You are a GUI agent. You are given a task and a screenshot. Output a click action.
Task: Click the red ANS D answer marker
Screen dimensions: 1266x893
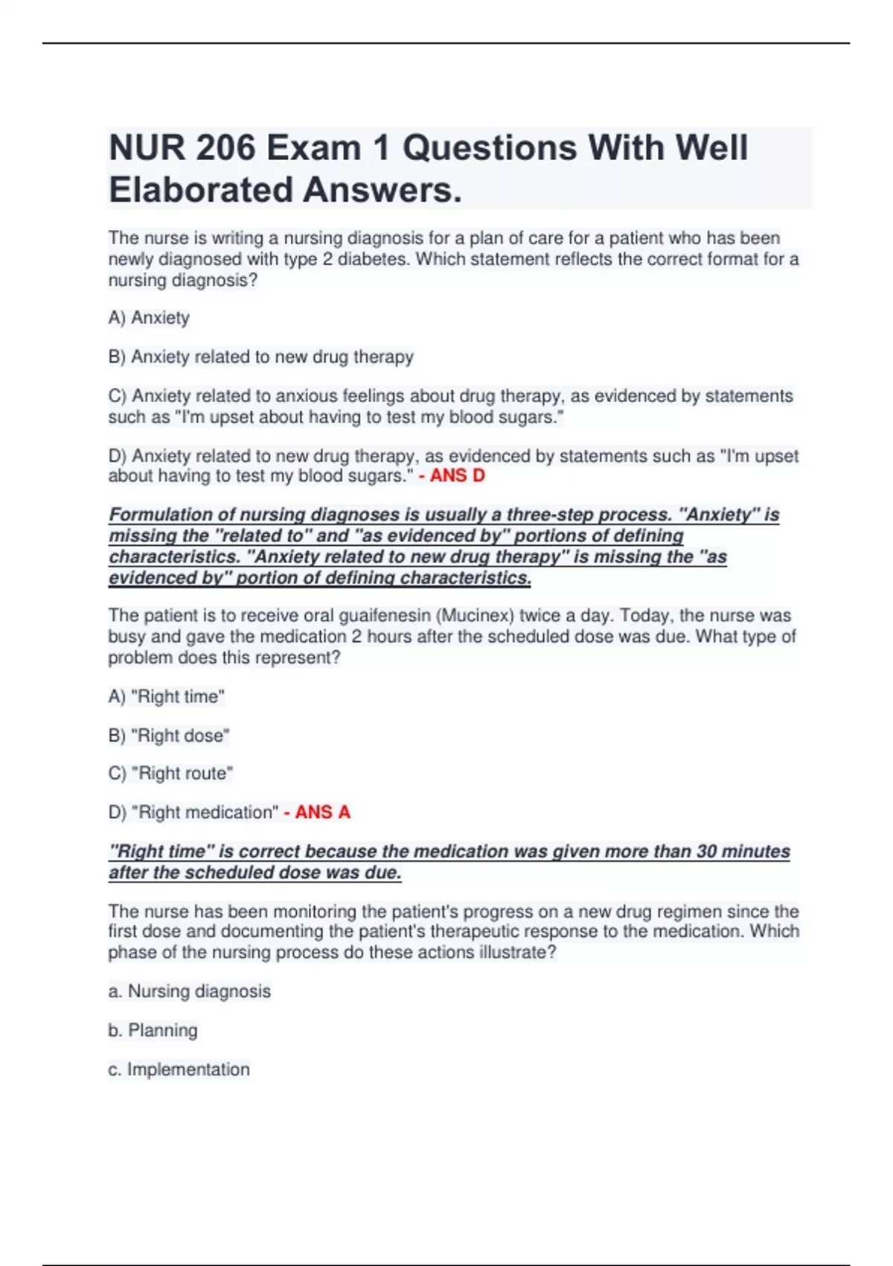click(x=452, y=475)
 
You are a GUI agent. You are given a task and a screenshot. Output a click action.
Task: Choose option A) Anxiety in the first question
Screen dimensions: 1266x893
click(x=149, y=318)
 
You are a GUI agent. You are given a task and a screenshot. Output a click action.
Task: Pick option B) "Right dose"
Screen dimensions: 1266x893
click(x=169, y=735)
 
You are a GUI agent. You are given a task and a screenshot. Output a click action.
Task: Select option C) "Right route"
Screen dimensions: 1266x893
click(x=170, y=773)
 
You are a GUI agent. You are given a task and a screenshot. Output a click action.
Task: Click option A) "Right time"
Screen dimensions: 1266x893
click(x=167, y=696)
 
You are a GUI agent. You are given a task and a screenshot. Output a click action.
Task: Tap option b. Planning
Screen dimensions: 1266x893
click(x=153, y=1030)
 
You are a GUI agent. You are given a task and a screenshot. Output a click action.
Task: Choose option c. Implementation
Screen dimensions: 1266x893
click(x=179, y=1069)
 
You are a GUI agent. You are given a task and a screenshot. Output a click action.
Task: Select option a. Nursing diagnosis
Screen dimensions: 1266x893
click(x=189, y=991)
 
